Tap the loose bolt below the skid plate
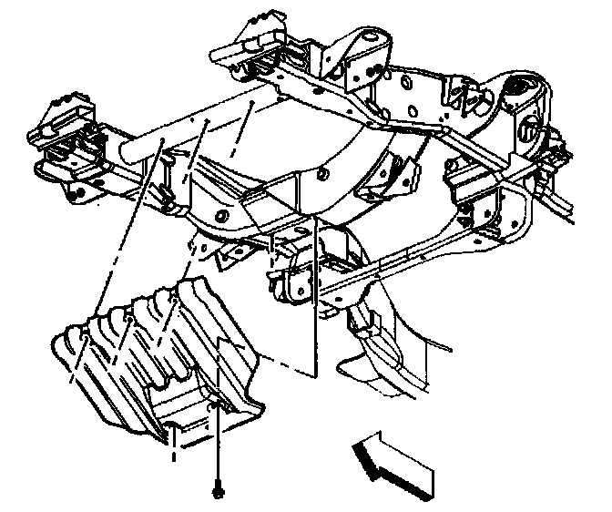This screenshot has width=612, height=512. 219,492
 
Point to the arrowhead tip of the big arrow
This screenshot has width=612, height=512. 358,445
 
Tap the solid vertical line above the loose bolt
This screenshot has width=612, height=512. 219,437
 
